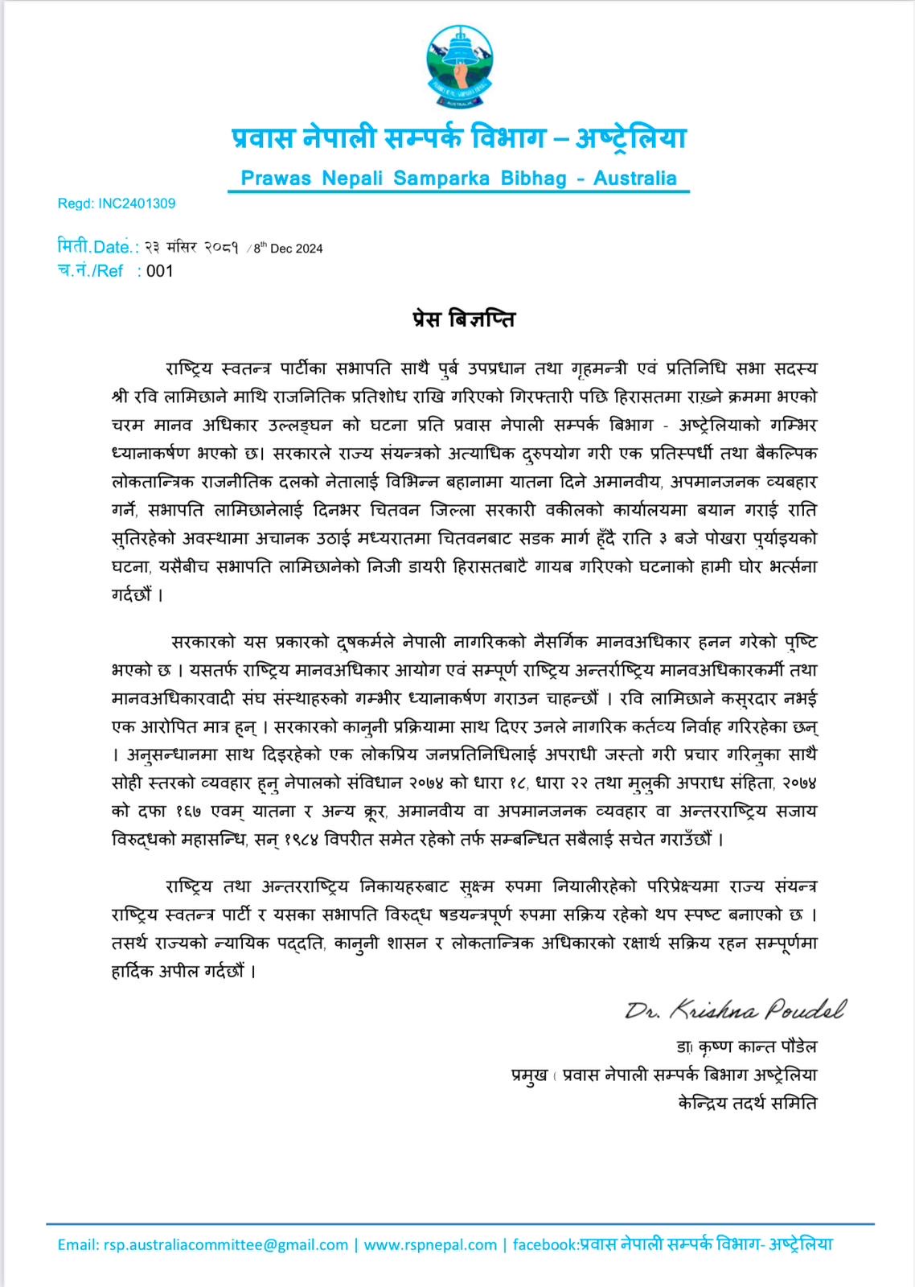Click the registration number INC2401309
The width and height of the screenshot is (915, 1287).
tap(137, 204)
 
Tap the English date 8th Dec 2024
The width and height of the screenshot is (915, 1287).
tap(288, 249)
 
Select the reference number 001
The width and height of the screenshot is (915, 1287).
tap(160, 271)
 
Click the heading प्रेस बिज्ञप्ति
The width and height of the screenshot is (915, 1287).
tap(458, 319)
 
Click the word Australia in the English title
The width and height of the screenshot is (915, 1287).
tap(634, 178)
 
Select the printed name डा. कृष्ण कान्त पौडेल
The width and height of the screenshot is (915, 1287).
tap(747, 1046)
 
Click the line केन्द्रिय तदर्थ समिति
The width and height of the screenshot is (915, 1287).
tap(748, 1103)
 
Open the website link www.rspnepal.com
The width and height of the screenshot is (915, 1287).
tap(430, 1244)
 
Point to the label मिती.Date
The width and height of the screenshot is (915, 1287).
tap(97, 247)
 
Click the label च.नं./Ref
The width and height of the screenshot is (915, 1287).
tap(90, 271)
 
